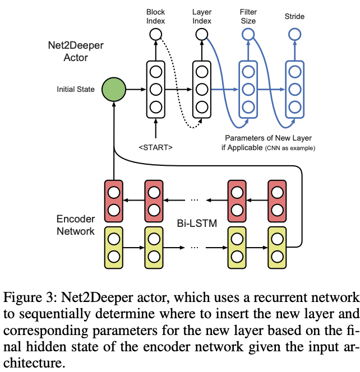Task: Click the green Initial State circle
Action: (114, 89)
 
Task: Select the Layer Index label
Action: (202, 16)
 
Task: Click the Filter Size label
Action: (247, 16)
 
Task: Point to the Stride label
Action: (294, 16)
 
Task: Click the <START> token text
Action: (155, 147)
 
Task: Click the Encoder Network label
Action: (76, 224)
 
